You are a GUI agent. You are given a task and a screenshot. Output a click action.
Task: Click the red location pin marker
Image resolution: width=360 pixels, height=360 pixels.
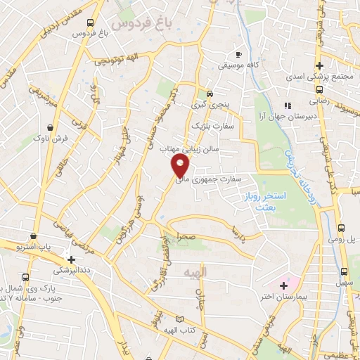click(181, 166)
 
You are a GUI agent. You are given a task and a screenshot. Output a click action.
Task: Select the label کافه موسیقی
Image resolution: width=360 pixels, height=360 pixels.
click(263, 65)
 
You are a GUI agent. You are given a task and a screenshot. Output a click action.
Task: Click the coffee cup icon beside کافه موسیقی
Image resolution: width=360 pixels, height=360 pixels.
click(239, 54)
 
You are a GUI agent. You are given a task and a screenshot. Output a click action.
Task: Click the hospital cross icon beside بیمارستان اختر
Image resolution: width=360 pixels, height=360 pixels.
click(283, 285)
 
